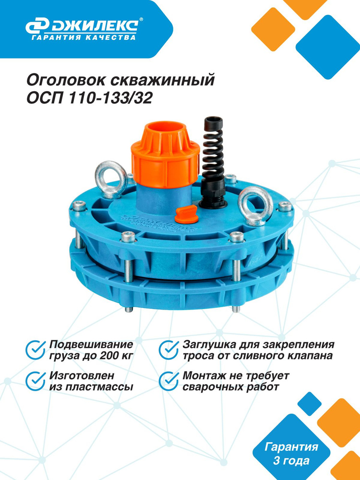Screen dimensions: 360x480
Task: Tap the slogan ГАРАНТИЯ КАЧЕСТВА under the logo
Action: [x=84, y=37]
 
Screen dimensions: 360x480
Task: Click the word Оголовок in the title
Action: [x=65, y=81]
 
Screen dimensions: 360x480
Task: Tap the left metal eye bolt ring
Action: [x=111, y=179]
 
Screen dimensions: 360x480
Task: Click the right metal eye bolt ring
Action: [x=255, y=205]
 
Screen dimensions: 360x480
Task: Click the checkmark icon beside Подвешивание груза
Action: [x=36, y=349]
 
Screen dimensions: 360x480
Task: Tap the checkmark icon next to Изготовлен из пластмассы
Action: [x=36, y=381]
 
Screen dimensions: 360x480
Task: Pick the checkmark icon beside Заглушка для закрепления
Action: [x=169, y=349]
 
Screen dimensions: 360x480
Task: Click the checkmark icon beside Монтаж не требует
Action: [x=169, y=381]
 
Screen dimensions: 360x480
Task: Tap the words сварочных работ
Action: [x=231, y=387]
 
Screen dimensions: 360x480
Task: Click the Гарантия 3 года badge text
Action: [x=291, y=454]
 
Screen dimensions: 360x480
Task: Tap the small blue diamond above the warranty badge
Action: [x=309, y=404]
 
